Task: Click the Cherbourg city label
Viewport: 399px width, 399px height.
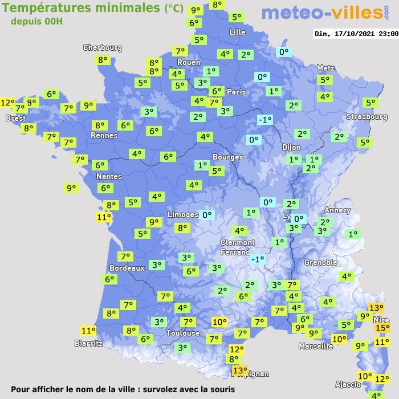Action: [x=103, y=48]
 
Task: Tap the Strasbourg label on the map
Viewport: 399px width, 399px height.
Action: [x=367, y=117]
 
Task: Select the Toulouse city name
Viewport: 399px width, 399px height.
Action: [x=183, y=333]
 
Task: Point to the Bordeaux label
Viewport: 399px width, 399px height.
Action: [x=127, y=268]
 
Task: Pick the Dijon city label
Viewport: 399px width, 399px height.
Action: [x=291, y=147]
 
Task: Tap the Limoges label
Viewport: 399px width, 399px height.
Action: [x=183, y=214]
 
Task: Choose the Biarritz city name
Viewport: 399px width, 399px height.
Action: [x=88, y=343]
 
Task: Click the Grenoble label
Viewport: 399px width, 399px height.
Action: [x=321, y=262]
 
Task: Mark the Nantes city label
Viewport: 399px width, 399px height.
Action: [x=108, y=177]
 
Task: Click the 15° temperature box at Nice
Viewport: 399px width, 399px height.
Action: [x=381, y=328]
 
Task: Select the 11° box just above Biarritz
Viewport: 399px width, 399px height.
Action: [x=88, y=331]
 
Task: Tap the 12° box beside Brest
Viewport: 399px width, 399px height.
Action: [x=7, y=103]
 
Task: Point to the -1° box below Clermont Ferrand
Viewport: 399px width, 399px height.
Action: [x=258, y=259]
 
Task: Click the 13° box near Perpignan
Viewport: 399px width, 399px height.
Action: [x=240, y=370]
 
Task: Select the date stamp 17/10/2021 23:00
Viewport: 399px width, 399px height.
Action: [x=356, y=34]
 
